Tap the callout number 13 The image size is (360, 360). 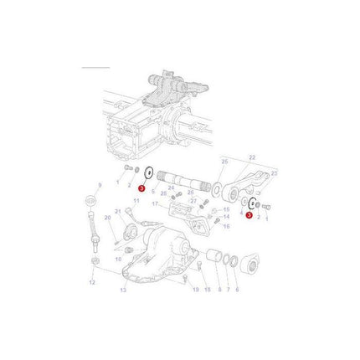(x=123, y=290)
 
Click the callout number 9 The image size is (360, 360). (x=100, y=184)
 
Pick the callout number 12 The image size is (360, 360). (x=93, y=283)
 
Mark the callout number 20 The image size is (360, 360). (x=106, y=218)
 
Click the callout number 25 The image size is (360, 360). (x=224, y=161)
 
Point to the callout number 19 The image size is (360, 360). (x=196, y=290)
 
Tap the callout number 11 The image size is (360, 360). (x=136, y=201)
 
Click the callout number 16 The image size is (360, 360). (x=226, y=226)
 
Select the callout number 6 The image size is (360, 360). (x=237, y=290)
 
